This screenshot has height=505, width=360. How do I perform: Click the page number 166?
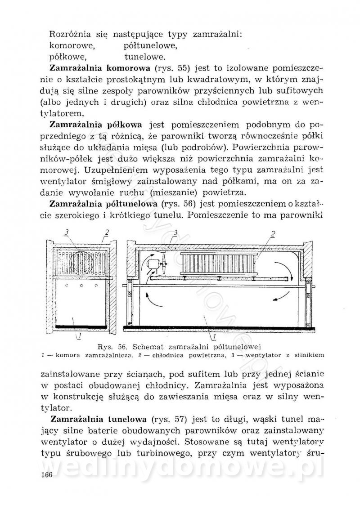click(x=45, y=476)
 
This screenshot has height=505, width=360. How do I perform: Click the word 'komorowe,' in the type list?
click(x=72, y=45)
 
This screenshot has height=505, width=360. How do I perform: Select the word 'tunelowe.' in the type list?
click(x=145, y=57)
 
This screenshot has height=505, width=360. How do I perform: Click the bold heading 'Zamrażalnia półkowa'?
click(x=102, y=125)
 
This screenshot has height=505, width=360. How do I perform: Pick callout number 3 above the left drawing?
click(x=66, y=232)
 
